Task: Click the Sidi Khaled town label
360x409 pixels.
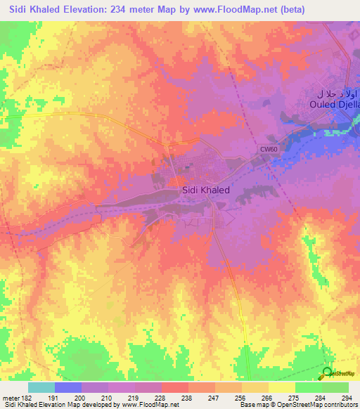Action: [x=205, y=189]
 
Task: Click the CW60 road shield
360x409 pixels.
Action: [x=268, y=149]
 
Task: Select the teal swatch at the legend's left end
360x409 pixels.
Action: [x=41, y=387]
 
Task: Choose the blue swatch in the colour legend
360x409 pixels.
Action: [x=67, y=387]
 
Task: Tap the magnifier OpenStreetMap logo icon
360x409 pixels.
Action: [x=327, y=372]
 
